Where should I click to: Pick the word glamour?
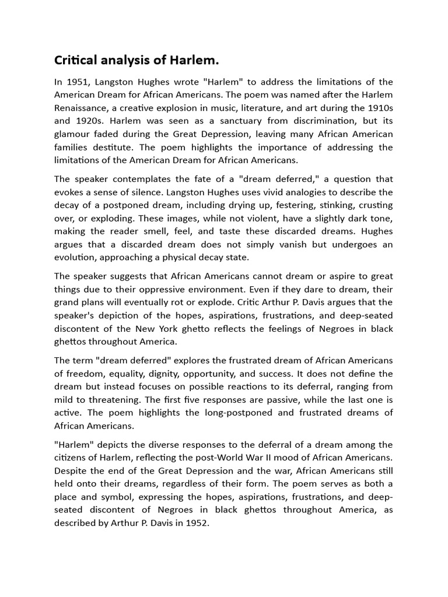(73, 133)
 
